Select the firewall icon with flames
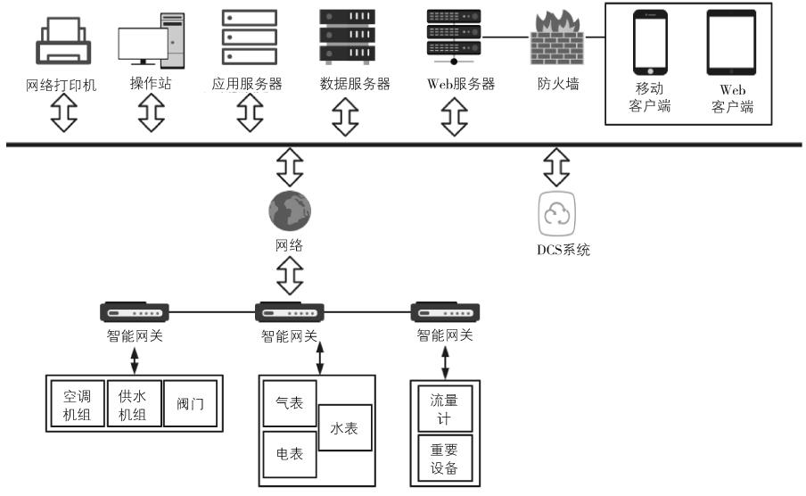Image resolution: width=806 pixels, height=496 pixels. [555, 40]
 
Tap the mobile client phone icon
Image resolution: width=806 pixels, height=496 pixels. [650, 42]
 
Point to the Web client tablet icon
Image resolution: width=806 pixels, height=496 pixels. [731, 42]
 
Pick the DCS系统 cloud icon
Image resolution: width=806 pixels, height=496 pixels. [556, 215]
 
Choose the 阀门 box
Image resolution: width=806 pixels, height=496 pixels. [189, 406]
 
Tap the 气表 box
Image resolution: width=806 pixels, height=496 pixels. [290, 404]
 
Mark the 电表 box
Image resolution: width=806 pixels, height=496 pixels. [290, 454]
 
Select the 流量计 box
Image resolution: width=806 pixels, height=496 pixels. [444, 408]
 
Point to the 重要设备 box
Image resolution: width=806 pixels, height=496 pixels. [444, 459]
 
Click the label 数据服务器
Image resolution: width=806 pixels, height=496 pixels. [355, 85]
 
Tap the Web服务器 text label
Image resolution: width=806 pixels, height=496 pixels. [455, 85]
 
